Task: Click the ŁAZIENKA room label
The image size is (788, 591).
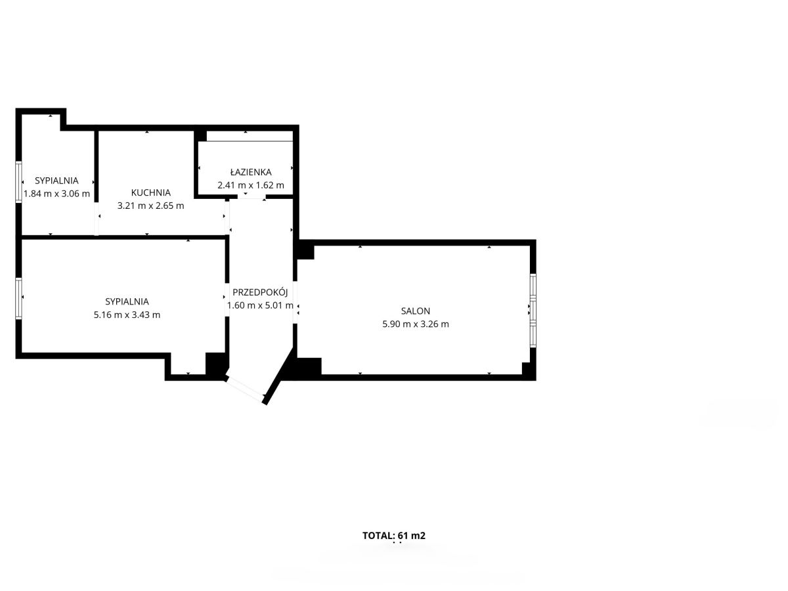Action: pos(251,172)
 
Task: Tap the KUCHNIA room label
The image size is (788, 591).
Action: pos(151,192)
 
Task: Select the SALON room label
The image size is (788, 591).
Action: pos(416,311)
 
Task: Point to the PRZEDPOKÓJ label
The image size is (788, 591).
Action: pos(260,292)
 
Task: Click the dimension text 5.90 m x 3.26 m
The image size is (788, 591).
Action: pos(416,324)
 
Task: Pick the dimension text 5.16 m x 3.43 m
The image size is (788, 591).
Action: pos(127,315)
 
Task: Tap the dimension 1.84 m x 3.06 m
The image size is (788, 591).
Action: pos(56,194)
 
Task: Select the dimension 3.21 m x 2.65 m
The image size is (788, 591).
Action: pos(151,206)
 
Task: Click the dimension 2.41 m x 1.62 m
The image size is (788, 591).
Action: pos(251,185)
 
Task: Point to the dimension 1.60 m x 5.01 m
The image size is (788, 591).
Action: pos(260,305)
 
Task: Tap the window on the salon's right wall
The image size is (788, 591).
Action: pos(533,311)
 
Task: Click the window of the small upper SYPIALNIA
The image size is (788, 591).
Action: pos(18,182)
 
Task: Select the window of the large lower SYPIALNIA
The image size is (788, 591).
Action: pos(18,298)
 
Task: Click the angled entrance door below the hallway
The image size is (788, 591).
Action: pos(245,389)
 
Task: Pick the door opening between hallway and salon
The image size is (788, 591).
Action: pos(295,302)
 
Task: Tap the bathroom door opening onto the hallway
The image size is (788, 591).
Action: pos(252,197)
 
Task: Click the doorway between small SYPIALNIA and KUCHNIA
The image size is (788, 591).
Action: pos(97,219)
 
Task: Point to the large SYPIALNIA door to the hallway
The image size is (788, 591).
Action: pos(227,299)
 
